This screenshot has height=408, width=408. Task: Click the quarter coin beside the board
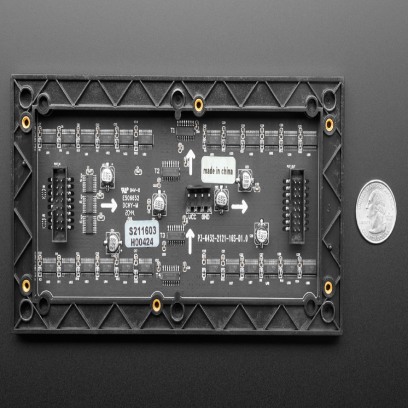click(376, 211)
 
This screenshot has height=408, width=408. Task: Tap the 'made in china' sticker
click(218, 170)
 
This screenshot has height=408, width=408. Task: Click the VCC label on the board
click(192, 217)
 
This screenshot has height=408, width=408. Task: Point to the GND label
click(205, 217)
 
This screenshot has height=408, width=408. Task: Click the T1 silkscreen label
click(172, 131)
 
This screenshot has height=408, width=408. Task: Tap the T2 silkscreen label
click(157, 171)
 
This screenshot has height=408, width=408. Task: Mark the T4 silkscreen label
click(159, 275)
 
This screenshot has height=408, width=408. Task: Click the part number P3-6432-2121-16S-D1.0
click(222, 238)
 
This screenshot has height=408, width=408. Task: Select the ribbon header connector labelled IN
click(60, 204)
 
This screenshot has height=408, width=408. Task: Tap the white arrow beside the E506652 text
click(109, 205)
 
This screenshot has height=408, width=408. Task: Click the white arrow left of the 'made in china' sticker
click(190, 162)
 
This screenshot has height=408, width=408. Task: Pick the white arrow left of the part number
click(190, 241)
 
